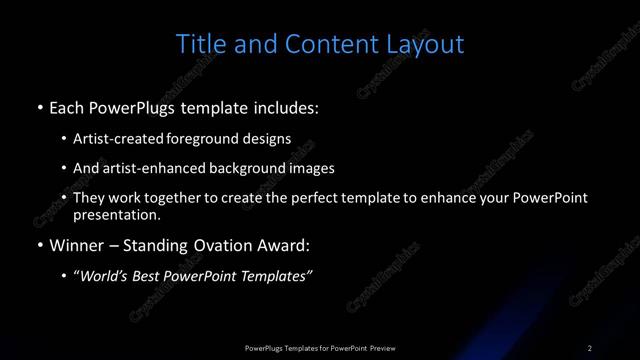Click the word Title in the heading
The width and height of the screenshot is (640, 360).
tap(199, 44)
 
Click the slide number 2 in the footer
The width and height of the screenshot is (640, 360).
tap(589, 348)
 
